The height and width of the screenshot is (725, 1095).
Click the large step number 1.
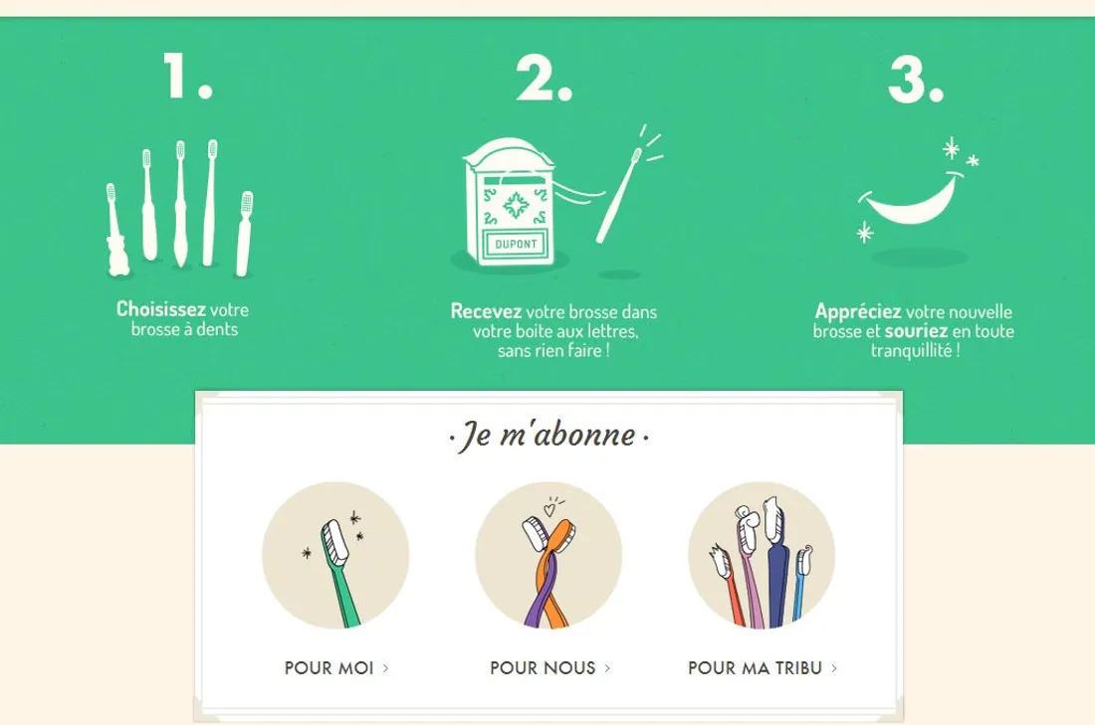coord(187,76)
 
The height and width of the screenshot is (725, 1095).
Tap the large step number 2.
coord(544,79)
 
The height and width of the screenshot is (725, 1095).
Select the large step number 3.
coord(916,79)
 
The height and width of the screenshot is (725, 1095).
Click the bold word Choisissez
coord(160,308)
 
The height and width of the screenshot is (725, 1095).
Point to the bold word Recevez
coord(486,311)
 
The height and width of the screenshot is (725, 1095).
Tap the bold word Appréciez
coord(857,311)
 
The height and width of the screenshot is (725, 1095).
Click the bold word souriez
coord(916,331)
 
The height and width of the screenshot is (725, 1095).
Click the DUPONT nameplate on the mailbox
coord(516,245)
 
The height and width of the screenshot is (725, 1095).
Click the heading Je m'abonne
coord(548,436)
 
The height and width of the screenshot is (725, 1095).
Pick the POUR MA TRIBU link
coord(762,667)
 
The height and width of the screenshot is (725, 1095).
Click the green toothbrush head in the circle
coord(334,541)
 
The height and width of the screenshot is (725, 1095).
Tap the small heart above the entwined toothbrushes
coord(549,509)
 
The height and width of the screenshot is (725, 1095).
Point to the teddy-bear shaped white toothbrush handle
coord(116,256)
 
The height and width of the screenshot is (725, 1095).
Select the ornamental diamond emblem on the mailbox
coord(516,205)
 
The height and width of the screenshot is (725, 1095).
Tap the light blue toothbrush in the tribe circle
coord(801,585)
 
